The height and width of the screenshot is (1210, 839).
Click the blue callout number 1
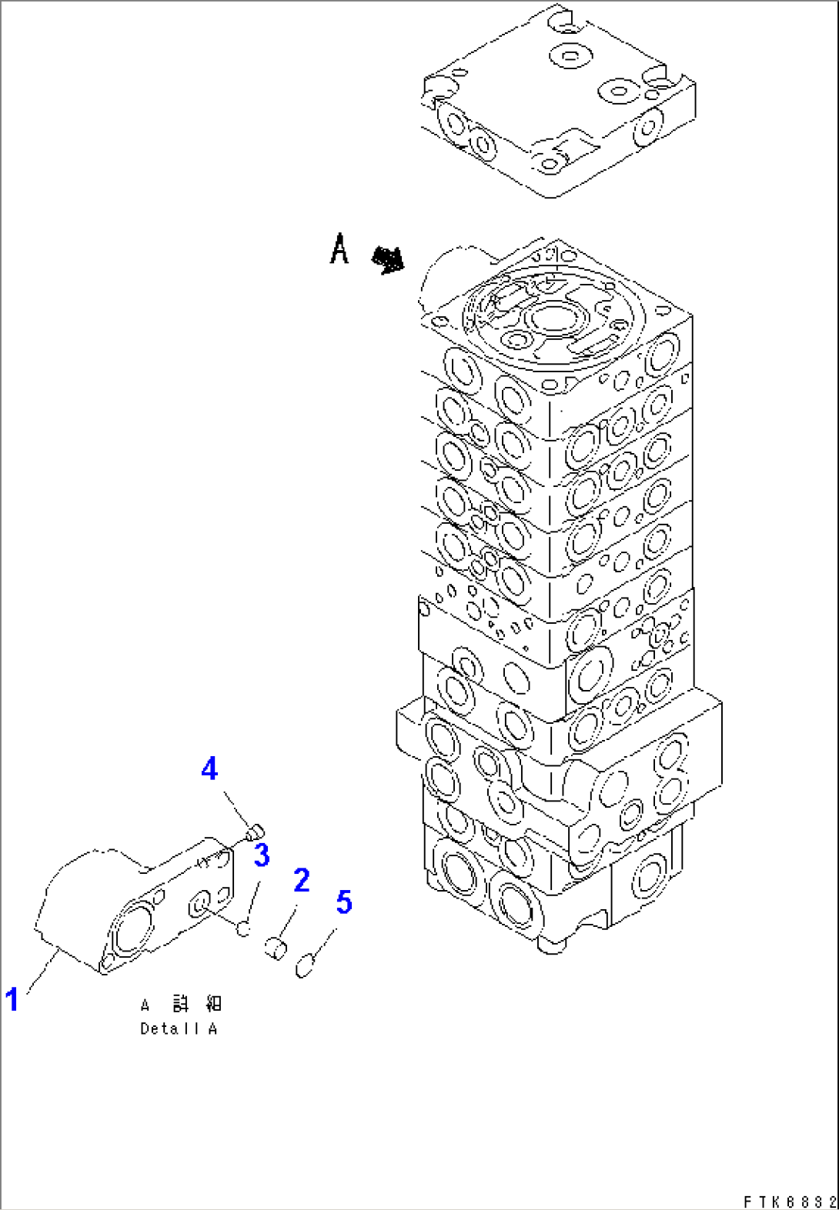12,999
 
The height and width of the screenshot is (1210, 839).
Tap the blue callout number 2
302,880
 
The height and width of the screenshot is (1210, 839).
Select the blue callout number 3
262,855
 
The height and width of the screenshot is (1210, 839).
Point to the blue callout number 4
209,768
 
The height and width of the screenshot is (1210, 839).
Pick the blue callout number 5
343,902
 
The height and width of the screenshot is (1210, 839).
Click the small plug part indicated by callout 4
256,832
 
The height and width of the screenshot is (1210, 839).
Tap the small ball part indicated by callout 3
243,928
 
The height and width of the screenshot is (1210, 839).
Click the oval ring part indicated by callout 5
305,965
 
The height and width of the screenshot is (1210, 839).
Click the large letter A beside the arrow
339,249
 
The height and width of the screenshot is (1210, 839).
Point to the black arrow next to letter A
388,260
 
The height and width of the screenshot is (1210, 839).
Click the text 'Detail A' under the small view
179,1028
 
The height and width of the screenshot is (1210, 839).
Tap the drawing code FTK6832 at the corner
789,1201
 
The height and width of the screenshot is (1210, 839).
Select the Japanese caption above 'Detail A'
181,1004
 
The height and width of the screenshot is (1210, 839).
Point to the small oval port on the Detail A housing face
201,904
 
